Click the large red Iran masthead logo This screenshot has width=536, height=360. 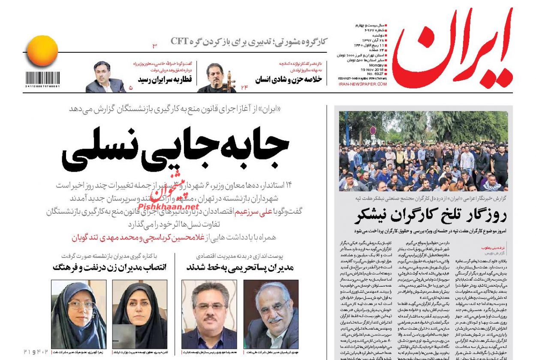(452, 49)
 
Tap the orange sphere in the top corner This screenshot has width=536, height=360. (41, 51)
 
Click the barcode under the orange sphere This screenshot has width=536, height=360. (42, 79)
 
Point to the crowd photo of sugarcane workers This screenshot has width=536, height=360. (423, 151)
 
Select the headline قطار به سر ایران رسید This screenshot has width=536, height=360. (165, 79)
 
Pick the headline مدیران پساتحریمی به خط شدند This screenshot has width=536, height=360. (240, 267)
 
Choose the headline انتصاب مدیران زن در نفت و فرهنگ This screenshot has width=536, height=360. (109, 267)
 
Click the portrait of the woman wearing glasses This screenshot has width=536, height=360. (78, 314)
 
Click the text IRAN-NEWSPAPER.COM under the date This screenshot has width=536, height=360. (362, 85)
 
